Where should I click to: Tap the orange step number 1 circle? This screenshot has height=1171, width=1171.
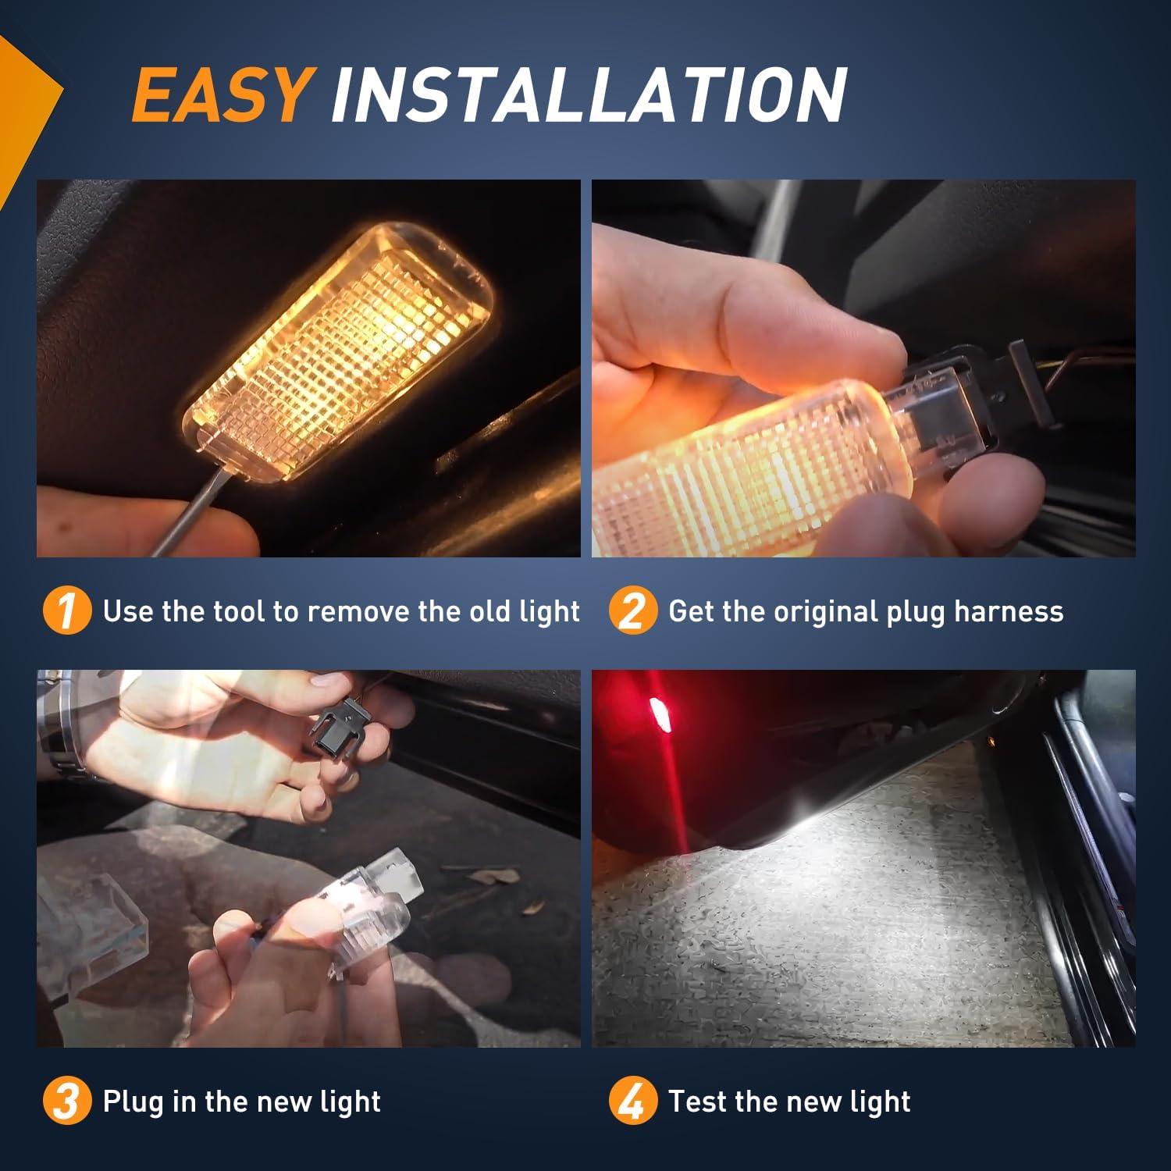tap(66, 611)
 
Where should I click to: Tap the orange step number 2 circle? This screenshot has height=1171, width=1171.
tap(632, 611)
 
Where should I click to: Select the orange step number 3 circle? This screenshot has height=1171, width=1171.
tap(66, 1102)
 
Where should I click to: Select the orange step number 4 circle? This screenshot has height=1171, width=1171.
tap(632, 1102)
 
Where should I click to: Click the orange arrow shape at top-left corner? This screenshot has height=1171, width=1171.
tap(27, 101)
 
